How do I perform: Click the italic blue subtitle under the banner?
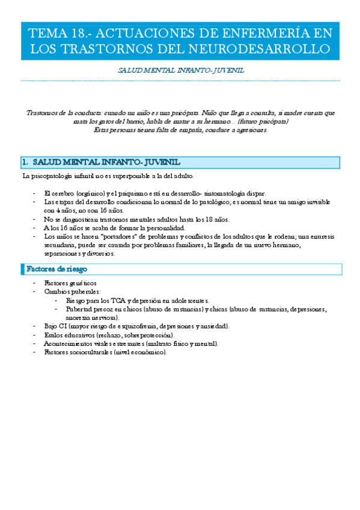point(180,70)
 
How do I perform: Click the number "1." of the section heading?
point(25,162)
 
